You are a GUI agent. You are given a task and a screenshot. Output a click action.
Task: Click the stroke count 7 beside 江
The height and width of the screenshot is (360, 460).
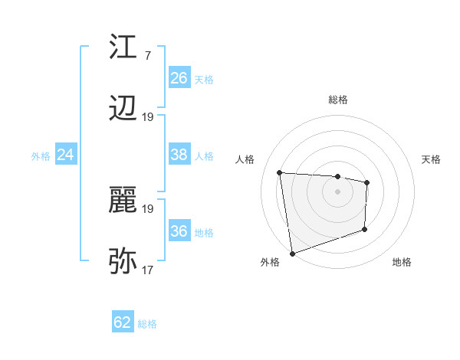point(147,56)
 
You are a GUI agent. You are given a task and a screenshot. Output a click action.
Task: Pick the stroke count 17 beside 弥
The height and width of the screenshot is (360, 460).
point(148,270)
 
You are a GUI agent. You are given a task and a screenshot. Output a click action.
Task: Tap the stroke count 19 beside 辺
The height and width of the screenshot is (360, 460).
point(148,117)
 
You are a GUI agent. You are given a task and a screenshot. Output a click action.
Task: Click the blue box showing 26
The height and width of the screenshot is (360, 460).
point(179,78)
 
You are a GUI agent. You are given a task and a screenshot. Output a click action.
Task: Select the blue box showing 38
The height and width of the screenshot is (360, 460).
point(179,155)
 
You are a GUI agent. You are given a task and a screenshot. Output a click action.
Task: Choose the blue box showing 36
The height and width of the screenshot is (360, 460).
point(179,231)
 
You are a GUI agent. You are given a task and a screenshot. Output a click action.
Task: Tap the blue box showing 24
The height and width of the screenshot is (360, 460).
point(65,155)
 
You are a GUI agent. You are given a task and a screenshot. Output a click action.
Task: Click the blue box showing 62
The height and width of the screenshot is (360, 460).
point(123,322)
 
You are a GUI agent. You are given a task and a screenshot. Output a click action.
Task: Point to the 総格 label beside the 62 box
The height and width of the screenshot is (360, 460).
point(147,324)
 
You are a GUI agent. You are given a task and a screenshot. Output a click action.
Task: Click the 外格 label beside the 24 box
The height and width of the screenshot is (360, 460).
point(41,156)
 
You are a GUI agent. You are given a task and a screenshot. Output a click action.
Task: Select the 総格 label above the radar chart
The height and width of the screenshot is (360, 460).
point(337,100)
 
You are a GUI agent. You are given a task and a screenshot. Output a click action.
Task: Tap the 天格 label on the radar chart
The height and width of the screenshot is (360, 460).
point(431,159)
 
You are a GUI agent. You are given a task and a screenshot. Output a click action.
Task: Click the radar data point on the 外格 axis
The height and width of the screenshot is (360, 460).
point(291,253)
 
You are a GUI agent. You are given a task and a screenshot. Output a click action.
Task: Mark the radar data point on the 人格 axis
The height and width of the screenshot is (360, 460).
point(280,172)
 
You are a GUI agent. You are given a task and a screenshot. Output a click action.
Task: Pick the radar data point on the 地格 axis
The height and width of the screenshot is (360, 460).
point(365,229)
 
